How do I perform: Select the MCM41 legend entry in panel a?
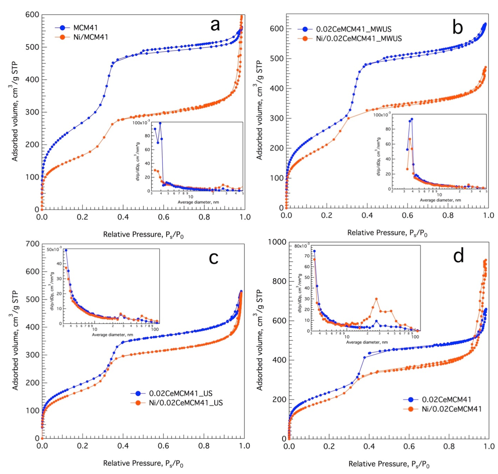pos(85,28)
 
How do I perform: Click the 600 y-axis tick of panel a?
pos(32,15)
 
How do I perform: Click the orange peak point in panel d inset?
pos(376,299)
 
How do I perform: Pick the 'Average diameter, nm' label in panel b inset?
pos(440,200)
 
